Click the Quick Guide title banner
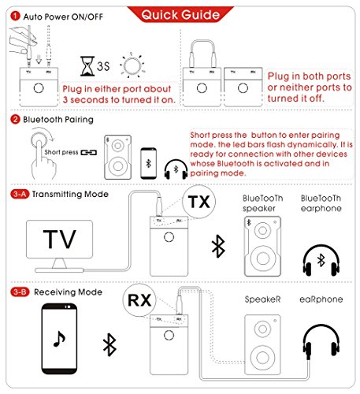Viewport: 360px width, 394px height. click(x=180, y=14)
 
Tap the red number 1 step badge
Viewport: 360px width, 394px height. click(x=15, y=16)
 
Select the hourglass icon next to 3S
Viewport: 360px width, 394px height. click(x=87, y=66)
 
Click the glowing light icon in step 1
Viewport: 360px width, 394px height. click(x=132, y=65)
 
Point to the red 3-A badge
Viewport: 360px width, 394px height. click(x=20, y=194)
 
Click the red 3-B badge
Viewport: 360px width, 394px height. click(x=20, y=292)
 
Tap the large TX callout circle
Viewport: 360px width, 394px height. click(x=199, y=202)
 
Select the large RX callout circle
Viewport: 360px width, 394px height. click(x=139, y=300)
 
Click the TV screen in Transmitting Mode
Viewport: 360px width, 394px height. click(x=59, y=240)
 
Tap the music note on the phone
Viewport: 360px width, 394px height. click(x=59, y=339)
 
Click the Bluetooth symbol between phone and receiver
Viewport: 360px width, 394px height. click(x=109, y=344)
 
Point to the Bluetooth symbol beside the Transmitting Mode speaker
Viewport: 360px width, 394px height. click(x=218, y=246)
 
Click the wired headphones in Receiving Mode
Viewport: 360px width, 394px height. click(x=321, y=341)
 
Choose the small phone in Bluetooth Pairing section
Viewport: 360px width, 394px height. click(x=149, y=163)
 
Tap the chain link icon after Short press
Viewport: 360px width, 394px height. click(x=89, y=152)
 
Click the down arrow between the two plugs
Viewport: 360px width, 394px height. click(x=39, y=59)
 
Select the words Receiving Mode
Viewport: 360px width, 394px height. click(x=68, y=292)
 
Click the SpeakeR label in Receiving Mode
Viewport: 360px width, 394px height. click(x=262, y=299)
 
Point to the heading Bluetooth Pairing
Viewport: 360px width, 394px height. click(x=58, y=120)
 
